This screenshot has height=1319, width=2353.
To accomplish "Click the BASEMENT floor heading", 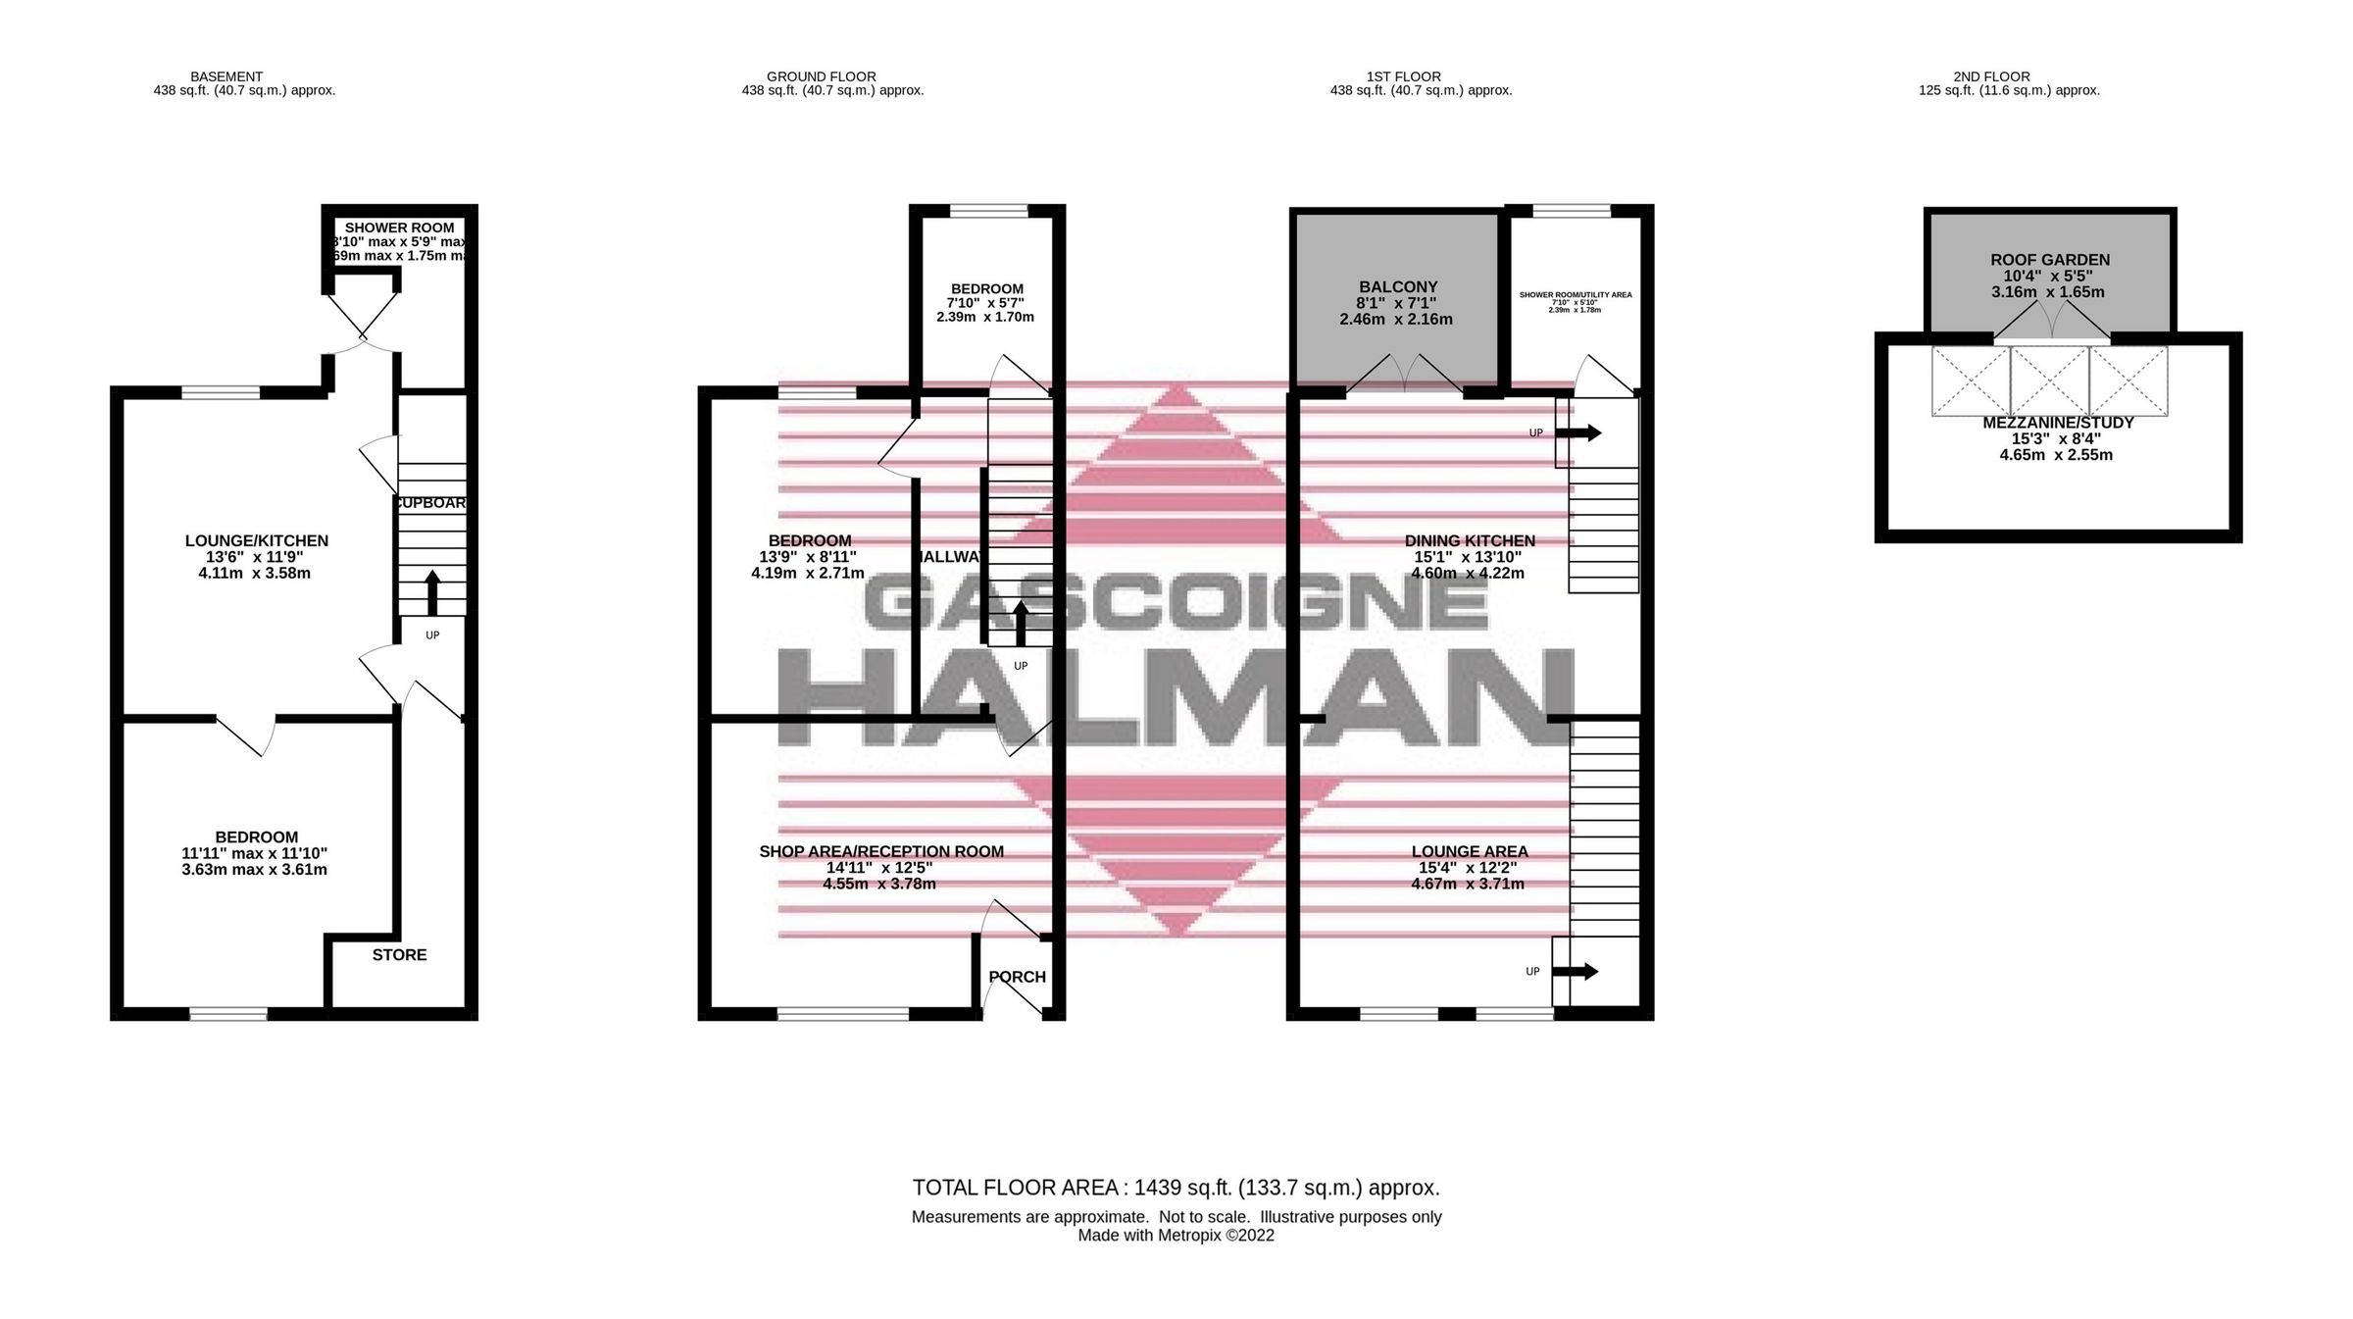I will tap(226, 76).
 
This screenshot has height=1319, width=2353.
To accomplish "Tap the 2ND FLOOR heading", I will tap(1991, 76).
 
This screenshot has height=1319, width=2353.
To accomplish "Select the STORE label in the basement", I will tap(399, 954).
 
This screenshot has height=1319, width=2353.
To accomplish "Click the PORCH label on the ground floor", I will tap(1017, 977).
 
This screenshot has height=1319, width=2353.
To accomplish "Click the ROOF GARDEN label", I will tap(2049, 260).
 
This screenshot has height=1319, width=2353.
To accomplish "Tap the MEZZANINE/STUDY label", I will tap(2058, 423).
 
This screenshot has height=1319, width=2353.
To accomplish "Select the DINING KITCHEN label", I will tap(1469, 540).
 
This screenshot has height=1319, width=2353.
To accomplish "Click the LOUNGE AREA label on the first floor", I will tap(1469, 851).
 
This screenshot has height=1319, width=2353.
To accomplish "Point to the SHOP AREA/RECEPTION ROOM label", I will tap(880, 851).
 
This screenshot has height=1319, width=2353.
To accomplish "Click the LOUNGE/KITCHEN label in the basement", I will tap(256, 540).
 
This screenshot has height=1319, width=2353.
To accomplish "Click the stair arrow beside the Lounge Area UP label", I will tap(1575, 972).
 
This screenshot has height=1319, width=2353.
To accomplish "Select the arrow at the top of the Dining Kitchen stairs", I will tap(1577, 432).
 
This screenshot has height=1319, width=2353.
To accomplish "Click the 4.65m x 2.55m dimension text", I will tap(2056, 455).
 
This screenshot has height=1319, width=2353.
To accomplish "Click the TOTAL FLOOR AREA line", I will tap(1176, 1188).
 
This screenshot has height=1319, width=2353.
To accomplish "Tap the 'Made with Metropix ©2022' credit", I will tap(1176, 1236).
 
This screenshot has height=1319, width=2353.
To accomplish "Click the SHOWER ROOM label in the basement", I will tap(399, 228).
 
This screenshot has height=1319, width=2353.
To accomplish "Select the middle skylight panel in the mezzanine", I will tap(2049, 381).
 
